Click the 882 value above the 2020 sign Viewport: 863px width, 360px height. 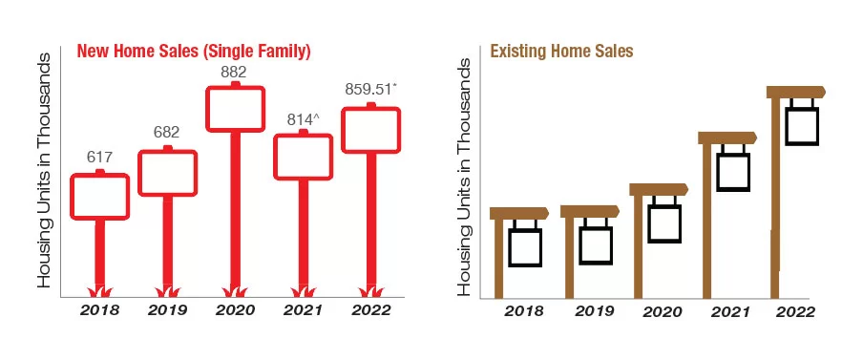(x=233, y=73)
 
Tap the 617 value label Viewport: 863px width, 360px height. (x=99, y=157)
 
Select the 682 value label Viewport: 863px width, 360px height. (x=167, y=132)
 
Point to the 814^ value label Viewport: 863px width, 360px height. (x=304, y=119)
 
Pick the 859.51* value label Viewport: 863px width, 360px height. (x=370, y=89)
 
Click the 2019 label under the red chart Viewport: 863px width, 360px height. (x=167, y=310)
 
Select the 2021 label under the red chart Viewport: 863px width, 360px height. (x=304, y=310)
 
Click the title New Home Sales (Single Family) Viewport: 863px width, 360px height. (x=194, y=52)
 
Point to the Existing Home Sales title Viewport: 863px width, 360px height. (x=561, y=52)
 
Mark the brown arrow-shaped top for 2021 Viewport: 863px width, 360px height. (x=727, y=138)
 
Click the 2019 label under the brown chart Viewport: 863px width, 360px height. (x=595, y=311)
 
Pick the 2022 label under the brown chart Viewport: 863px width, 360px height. (x=795, y=311)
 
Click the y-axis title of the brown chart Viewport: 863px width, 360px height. (x=465, y=176)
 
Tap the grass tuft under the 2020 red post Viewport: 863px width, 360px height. (x=236, y=292)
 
